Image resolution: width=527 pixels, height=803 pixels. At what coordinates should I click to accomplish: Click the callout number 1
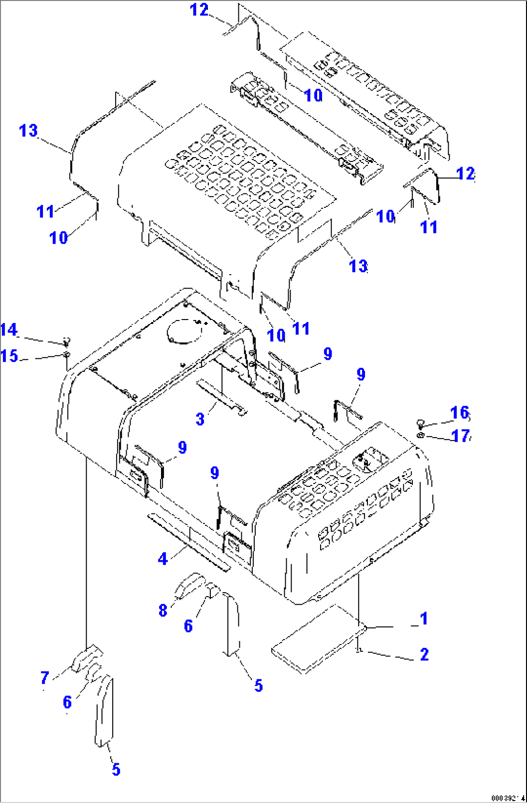click(424, 618)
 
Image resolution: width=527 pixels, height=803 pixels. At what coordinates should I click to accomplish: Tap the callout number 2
click(424, 655)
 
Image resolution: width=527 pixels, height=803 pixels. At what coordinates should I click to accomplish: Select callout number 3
click(200, 419)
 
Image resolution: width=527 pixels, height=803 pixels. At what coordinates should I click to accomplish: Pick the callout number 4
click(162, 559)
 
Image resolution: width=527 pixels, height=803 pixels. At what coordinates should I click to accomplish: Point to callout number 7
click(44, 678)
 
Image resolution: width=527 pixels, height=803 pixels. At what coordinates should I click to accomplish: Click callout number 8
click(163, 611)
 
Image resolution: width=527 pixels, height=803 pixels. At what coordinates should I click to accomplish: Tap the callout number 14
click(9, 330)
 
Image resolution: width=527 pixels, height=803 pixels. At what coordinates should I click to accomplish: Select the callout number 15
click(9, 356)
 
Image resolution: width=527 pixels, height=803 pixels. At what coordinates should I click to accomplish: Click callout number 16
click(459, 412)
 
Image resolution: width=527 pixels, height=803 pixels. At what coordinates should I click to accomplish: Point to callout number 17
click(460, 436)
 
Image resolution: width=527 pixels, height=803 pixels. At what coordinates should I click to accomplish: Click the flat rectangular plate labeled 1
click(318, 638)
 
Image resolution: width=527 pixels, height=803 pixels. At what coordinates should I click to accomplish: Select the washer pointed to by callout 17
click(421, 436)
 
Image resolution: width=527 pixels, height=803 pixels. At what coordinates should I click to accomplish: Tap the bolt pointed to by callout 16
click(421, 424)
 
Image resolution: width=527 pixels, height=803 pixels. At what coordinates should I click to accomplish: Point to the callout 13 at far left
click(28, 131)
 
